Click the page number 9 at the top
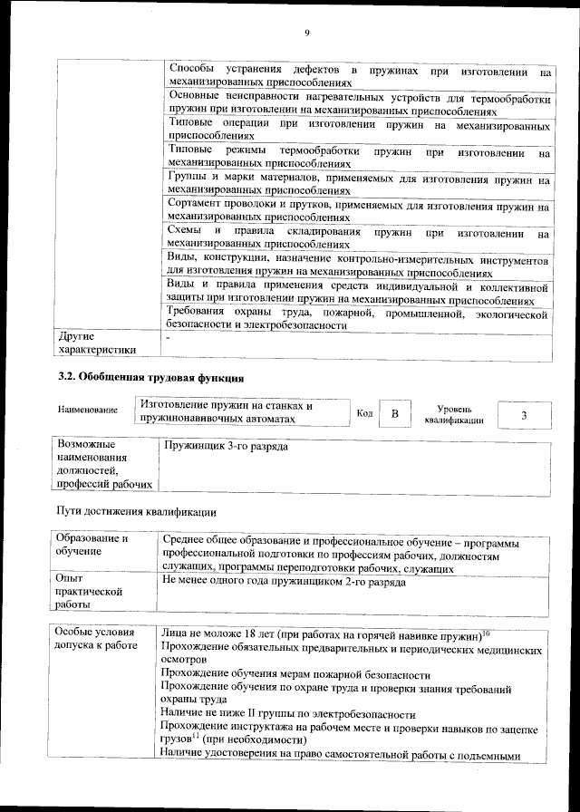point(307,34)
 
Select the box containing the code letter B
point(394,414)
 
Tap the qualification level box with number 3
point(524,414)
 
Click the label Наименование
point(88,411)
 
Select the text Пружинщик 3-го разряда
point(226,447)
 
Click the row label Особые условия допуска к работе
point(95,638)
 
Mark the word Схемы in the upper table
point(186,233)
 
